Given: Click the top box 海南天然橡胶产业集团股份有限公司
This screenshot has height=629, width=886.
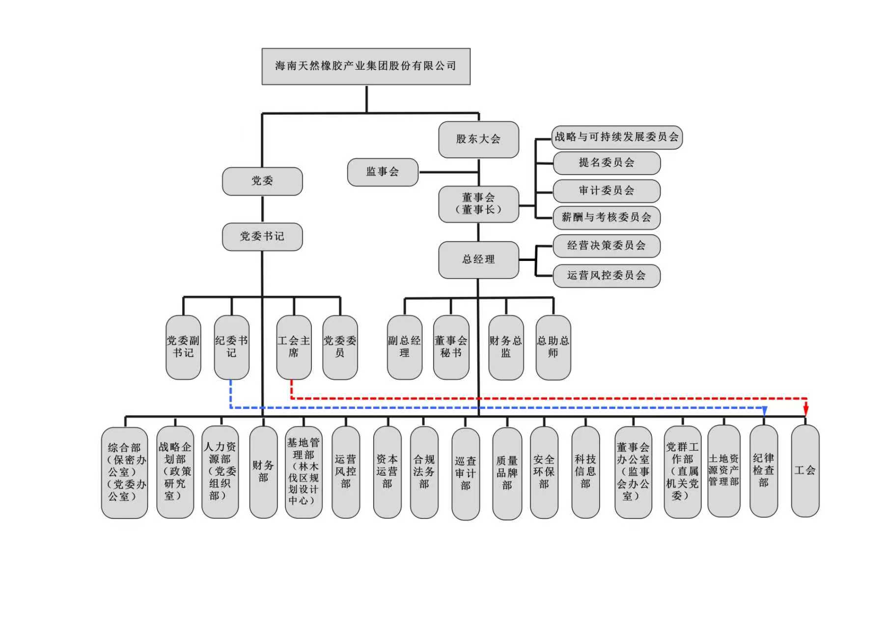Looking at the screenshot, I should [366, 66].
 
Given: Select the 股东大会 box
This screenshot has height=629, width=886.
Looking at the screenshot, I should [478, 140].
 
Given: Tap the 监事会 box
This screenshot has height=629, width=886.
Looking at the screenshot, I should [383, 172].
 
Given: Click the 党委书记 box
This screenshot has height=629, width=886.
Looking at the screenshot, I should [262, 237].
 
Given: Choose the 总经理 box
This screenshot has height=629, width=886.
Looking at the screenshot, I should [478, 260].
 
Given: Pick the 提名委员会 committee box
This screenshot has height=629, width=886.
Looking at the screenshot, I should [607, 163].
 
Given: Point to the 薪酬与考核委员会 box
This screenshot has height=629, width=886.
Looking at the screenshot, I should [607, 218].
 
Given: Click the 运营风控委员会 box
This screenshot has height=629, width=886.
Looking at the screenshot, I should [607, 276].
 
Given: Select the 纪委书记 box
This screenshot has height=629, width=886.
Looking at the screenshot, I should [231, 347].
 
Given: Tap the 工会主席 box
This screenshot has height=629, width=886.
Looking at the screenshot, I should [294, 347].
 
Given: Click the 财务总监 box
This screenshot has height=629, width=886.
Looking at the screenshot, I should [506, 347].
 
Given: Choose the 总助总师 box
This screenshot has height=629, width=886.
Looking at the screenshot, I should [553, 347].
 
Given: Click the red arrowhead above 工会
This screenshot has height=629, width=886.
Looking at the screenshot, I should [806, 410].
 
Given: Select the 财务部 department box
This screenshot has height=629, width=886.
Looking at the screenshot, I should [263, 472].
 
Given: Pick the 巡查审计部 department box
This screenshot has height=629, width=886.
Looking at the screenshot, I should [465, 474].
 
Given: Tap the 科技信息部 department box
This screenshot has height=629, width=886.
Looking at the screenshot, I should [585, 472].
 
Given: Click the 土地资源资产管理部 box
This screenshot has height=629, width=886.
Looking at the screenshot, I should [723, 471].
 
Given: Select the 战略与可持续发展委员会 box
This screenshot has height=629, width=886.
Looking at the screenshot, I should [617, 137].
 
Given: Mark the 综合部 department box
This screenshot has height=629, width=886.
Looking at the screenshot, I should [124, 472].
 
